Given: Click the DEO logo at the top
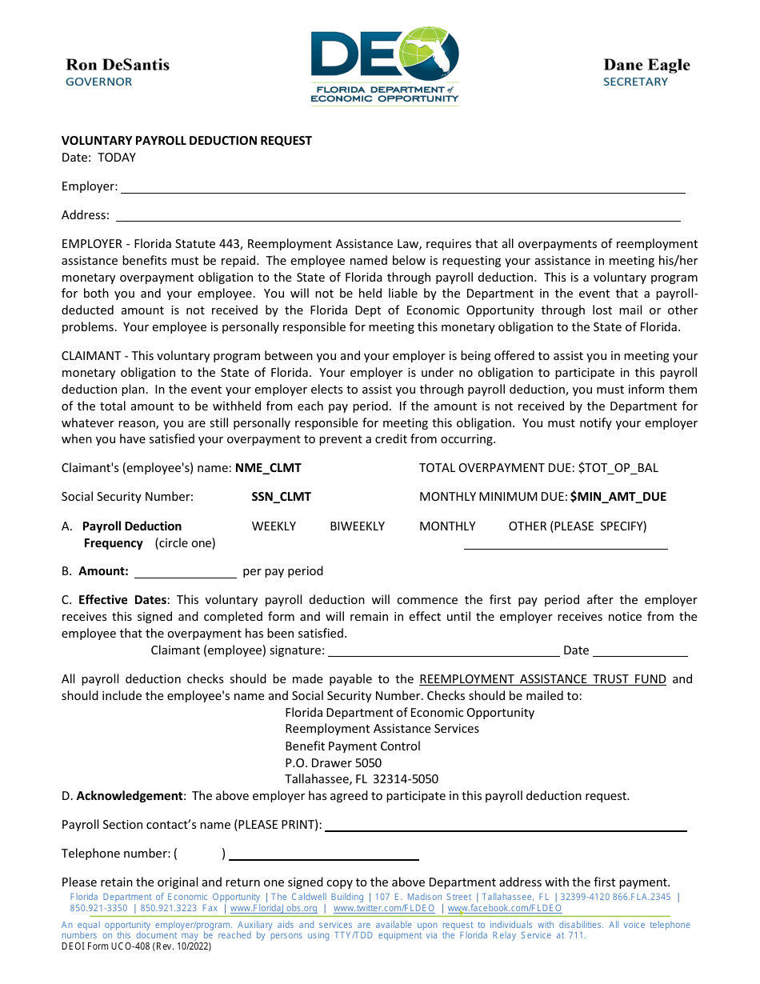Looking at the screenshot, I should click(385, 66).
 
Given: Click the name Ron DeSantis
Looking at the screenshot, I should click(118, 65).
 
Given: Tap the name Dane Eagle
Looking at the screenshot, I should click(646, 65).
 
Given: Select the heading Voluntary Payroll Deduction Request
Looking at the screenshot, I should click(186, 141).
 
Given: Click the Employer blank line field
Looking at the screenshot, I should click(402, 189).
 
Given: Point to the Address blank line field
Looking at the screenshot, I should click(398, 217).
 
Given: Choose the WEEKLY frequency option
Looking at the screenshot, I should click(274, 526).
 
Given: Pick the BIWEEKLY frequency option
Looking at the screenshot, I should click(357, 526).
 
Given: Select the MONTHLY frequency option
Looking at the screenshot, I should click(447, 526).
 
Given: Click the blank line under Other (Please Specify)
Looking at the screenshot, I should click(566, 546).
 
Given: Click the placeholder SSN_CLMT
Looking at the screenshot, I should click(281, 497).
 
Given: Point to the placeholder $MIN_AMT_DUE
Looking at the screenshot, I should click(618, 497).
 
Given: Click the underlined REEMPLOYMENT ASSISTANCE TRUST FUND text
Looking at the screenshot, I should click(542, 679).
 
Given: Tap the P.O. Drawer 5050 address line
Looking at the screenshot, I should click(333, 763).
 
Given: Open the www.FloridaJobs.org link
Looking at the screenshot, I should click(274, 909).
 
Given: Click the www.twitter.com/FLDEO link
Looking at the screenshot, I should click(384, 909).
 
